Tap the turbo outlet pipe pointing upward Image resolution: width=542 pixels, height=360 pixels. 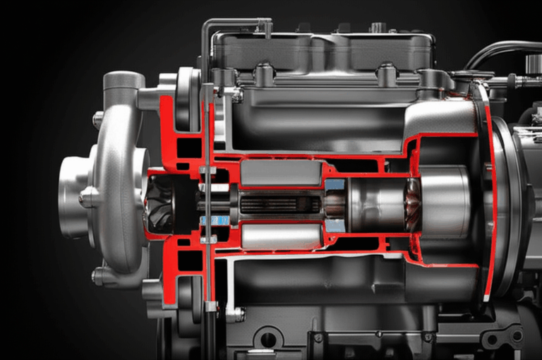pyautogui.click(x=124, y=83)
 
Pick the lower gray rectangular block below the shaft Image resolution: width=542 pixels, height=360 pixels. pyautogui.click(x=281, y=236)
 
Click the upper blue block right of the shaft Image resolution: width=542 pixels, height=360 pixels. pyautogui.click(x=335, y=185)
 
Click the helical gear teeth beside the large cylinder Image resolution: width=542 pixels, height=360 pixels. pyautogui.click(x=412, y=205)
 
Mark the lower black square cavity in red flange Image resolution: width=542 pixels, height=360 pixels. pyautogui.click(x=186, y=260)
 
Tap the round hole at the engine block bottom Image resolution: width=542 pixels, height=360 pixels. pyautogui.click(x=269, y=339)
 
